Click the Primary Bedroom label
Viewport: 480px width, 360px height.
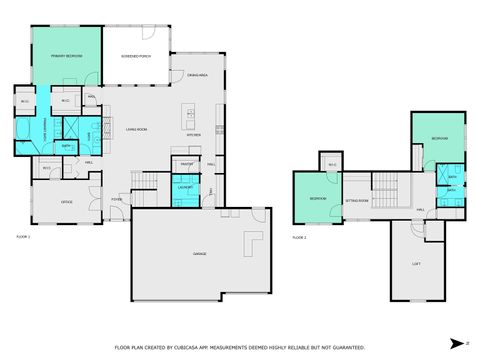[x=67, y=56]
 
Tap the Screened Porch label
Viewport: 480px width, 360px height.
[x=136, y=56]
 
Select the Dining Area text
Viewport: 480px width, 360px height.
[x=196, y=75]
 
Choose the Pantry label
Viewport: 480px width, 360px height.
[x=186, y=163]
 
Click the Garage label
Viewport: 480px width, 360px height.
[x=200, y=253]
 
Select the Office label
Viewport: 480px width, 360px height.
[x=67, y=202]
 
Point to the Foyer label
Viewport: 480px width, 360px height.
[x=116, y=199]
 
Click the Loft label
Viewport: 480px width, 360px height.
[x=416, y=264]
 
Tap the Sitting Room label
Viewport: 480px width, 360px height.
[x=357, y=200]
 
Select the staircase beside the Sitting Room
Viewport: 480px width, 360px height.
[x=388, y=190]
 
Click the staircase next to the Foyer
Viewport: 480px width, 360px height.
[x=144, y=180]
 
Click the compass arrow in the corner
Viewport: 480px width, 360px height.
[x=456, y=342]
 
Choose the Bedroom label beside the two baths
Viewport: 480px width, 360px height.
[x=438, y=137]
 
